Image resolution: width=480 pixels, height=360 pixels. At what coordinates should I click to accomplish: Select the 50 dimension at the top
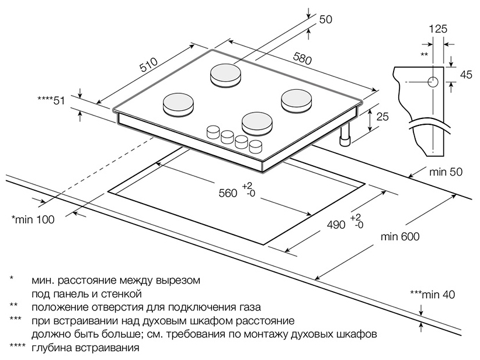click(x=326, y=19)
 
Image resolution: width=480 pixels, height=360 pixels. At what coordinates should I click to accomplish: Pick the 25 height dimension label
click(x=382, y=117)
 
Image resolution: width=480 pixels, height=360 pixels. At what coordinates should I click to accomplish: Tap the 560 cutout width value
click(x=228, y=193)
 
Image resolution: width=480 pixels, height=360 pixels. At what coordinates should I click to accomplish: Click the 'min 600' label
click(x=399, y=236)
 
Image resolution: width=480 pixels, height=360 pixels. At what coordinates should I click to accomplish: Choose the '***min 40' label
click(x=432, y=294)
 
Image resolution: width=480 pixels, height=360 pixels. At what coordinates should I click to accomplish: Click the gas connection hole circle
click(x=433, y=82)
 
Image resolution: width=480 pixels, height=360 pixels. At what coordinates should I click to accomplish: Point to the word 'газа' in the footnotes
click(x=249, y=307)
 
